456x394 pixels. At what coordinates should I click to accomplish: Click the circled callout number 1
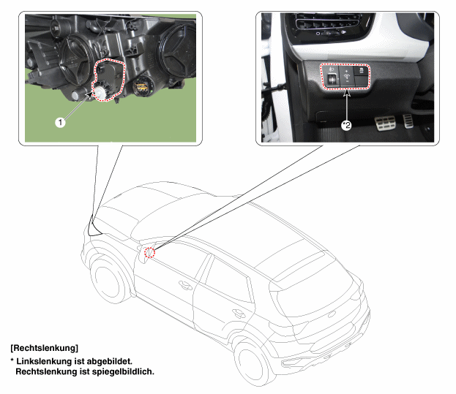click(x=60, y=122)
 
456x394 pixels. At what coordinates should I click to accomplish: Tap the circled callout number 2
click(x=347, y=126)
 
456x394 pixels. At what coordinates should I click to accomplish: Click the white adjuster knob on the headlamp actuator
click(x=100, y=92)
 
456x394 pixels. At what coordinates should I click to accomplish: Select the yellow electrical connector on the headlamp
click(x=141, y=86)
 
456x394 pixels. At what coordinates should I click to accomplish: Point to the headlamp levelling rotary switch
click(x=332, y=79)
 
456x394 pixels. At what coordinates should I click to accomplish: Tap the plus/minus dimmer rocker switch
click(x=346, y=76)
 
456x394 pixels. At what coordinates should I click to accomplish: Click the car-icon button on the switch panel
click(x=362, y=71)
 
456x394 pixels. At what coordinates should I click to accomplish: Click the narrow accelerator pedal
click(x=408, y=121)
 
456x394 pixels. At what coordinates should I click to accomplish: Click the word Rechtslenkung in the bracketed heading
click(x=44, y=348)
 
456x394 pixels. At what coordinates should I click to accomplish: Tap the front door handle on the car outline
click(x=185, y=285)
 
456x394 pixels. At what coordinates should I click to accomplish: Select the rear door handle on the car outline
click(x=239, y=314)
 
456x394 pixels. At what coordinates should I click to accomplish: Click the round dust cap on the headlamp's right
click(x=176, y=51)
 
